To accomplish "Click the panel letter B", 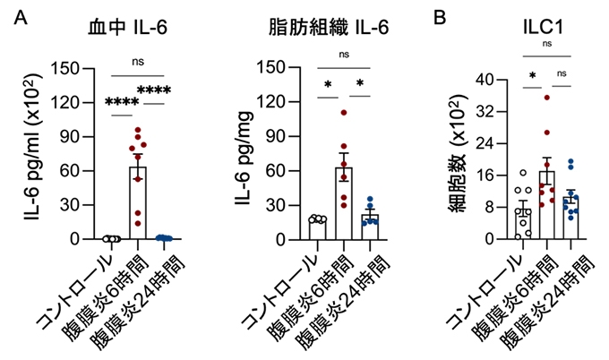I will click(x=441, y=17).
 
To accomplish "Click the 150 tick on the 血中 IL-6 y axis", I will click(x=71, y=66).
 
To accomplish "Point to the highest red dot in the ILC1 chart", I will click(x=547, y=97).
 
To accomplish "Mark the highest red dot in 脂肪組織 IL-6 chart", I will click(x=342, y=113).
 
